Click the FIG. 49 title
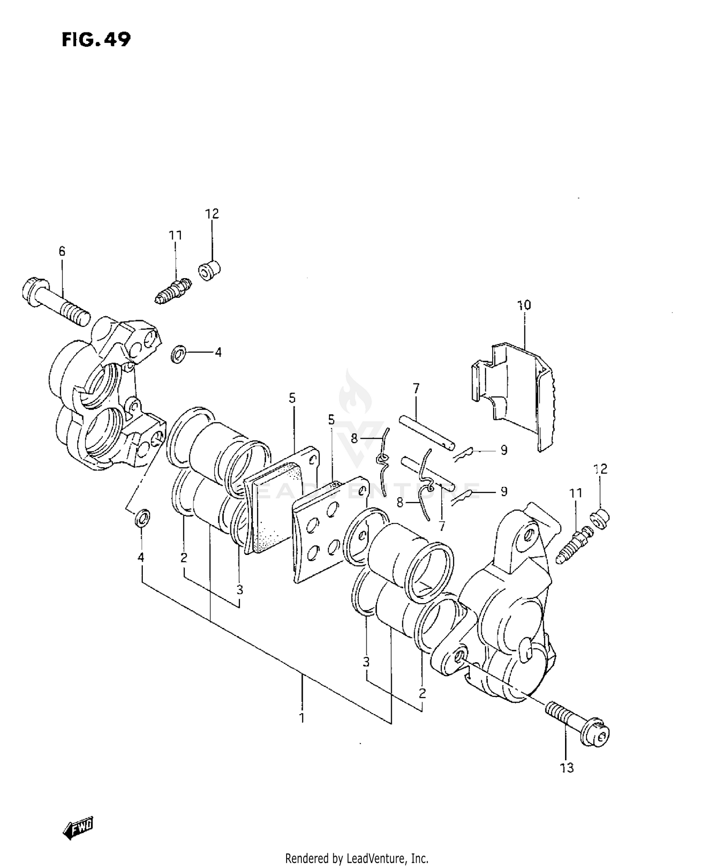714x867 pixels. pos(96,40)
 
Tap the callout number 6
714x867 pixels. pos(62,251)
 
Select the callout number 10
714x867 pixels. pos(524,305)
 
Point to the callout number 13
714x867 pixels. pos(567,768)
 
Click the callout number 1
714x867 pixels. pos(302,717)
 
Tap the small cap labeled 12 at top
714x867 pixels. pos(209,270)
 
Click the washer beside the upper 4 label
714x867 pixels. pos(179,354)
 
